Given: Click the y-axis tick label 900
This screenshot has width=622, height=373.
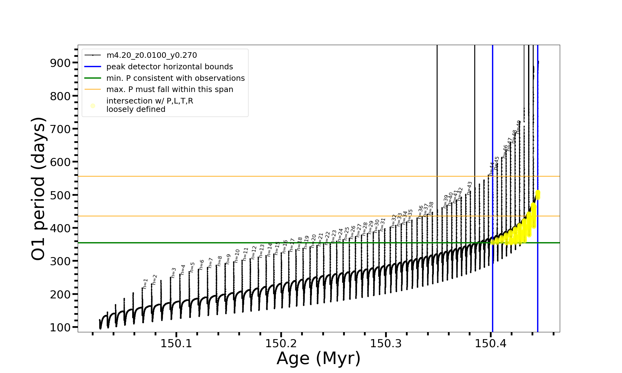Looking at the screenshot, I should pyautogui.click(x=60, y=63).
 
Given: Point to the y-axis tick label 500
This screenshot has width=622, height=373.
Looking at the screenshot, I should pyautogui.click(x=60, y=195).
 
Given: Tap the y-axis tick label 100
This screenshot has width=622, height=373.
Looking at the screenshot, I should pyautogui.click(x=60, y=327).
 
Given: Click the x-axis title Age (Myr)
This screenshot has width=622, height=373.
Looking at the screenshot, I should pyautogui.click(x=318, y=358).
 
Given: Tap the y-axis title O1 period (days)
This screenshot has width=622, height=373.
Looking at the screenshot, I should pyautogui.click(x=39, y=189).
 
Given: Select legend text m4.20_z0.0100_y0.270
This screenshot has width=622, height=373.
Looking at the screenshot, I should pyautogui.click(x=151, y=55).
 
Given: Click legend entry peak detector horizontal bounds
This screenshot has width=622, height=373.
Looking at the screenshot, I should pyautogui.click(x=169, y=67).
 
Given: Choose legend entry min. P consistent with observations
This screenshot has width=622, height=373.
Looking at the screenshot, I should pyautogui.click(x=175, y=78).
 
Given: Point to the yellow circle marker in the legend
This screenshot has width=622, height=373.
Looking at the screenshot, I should pyautogui.click(x=93, y=106).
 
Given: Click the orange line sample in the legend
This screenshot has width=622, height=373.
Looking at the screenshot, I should pyautogui.click(x=93, y=90).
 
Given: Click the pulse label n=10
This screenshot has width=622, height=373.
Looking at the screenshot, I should pyautogui.click(x=237, y=256).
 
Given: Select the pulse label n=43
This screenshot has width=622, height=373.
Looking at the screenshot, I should pyautogui.click(x=469, y=188).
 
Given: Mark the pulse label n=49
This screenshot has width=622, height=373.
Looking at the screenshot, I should pyautogui.click(x=518, y=127).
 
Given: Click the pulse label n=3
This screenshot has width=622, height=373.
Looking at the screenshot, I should pyautogui.click(x=174, y=273).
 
